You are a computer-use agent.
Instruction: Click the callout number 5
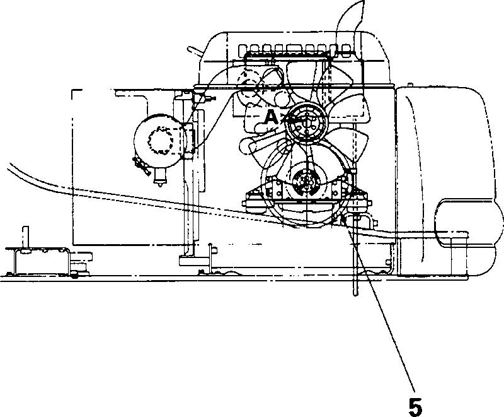click(x=415, y=406)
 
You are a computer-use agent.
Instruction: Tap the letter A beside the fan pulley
click(x=270, y=117)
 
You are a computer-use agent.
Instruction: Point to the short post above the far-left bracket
click(x=26, y=237)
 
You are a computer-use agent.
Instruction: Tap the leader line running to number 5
click(x=384, y=315)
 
